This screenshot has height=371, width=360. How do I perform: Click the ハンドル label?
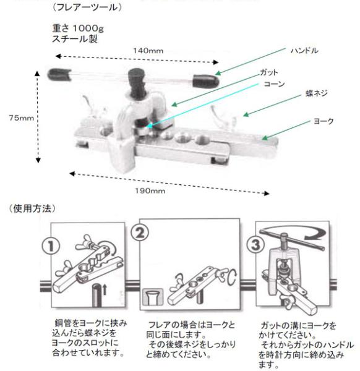pos(304,51)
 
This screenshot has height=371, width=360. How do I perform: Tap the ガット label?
pos(268,72)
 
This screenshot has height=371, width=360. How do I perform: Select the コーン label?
pos(274,84)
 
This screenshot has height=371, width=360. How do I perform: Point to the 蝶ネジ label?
pos(317,93)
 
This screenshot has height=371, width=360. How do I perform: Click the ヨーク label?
pos(324,121)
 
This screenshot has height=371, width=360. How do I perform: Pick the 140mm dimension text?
pos(148,51)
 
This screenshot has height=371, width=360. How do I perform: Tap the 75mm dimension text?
pos(21,117)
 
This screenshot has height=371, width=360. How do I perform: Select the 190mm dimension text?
pos(150,190)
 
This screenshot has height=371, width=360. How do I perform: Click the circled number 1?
pos(51,246)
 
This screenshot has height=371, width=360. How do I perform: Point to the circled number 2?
pos(140,232)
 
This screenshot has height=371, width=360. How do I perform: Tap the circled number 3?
pos(255,245)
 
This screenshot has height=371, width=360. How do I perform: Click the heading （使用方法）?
pos(32,209)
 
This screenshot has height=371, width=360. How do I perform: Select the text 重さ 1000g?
pos(78,28)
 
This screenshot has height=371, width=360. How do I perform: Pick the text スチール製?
pos(75,38)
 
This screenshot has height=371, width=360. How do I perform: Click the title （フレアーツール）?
pos(87,7)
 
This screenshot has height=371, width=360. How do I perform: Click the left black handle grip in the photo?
pos(59,74)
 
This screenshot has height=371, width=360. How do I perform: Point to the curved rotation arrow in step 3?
pos(293,231)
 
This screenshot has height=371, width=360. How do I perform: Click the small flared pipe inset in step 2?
pos(153,296)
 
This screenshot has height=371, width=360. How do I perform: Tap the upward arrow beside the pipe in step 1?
pos(105,290)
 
